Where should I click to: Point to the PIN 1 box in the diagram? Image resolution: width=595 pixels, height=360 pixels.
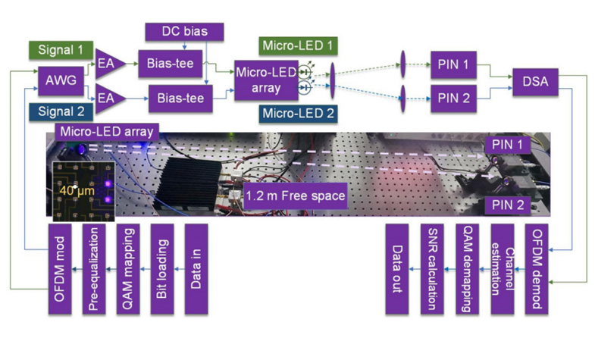coord(453,65)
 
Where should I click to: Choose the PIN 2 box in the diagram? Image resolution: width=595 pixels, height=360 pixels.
coord(453,97)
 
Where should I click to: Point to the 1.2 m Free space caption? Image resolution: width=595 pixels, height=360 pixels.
coord(296,196)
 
